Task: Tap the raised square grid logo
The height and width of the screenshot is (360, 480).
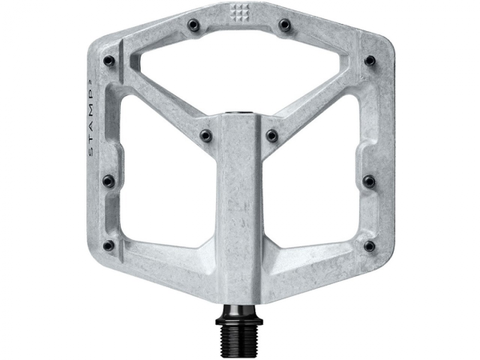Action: click(239, 14)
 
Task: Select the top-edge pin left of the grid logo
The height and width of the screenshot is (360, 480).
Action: click(194, 26)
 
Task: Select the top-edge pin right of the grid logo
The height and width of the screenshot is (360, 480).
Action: click(284, 26)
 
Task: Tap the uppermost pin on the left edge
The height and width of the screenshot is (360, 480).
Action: click(109, 61)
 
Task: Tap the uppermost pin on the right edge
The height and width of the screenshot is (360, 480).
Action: click(370, 61)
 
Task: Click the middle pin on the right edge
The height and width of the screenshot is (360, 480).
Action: click(369, 182)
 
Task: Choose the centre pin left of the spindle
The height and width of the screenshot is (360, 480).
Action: click(206, 135)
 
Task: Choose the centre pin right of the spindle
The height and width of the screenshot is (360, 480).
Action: click(272, 135)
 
